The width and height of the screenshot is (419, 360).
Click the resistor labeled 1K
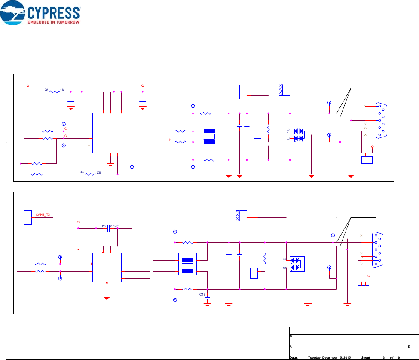coord(56,91)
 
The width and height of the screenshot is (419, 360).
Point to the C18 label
coord(202,294)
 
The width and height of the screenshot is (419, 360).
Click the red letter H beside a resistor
coord(171,140)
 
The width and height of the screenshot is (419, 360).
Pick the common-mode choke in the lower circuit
coord(187,265)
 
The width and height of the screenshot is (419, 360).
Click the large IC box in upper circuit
coord(110,133)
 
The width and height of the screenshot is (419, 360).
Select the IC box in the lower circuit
coord(107,267)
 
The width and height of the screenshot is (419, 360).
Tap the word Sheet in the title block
coord(366,357)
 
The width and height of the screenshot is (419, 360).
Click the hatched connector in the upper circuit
coord(284,90)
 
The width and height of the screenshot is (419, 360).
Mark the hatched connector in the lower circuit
coord(242,215)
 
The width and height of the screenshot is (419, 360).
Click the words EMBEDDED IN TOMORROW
coord(54,21)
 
